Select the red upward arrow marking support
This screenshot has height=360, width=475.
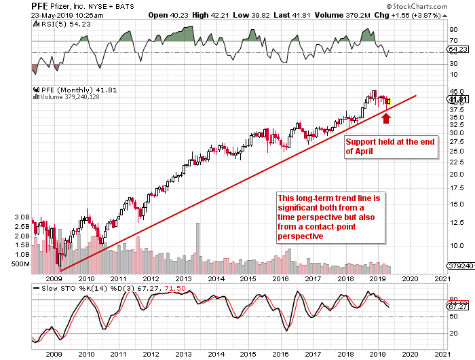(386, 118)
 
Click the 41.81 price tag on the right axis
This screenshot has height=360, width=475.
(455, 99)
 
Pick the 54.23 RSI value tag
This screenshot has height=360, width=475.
(455, 50)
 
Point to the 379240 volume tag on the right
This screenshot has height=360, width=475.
(456, 266)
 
